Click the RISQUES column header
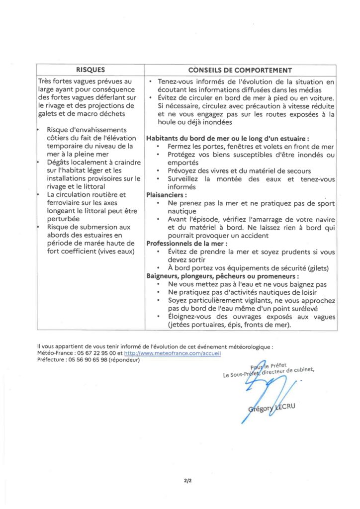pos(90,70)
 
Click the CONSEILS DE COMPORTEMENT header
pos(240,70)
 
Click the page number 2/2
pos(187,481)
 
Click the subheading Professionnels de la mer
pos(187,244)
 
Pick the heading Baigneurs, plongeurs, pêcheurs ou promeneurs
pos(222,276)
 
